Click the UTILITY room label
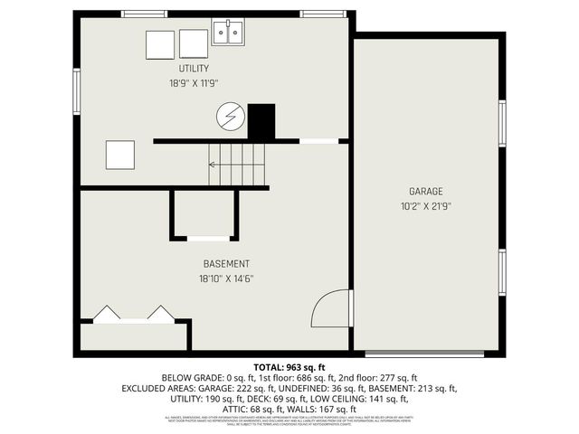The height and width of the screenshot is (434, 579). [x=194, y=69]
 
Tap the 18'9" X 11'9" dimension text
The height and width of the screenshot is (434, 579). [x=194, y=83]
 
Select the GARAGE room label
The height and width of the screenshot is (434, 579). [x=425, y=192]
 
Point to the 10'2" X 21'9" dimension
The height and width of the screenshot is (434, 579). [x=425, y=206]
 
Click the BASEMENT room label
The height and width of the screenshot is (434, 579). [x=226, y=264]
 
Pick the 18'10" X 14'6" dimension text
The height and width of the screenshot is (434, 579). [x=226, y=278]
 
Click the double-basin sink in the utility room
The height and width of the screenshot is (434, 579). [x=229, y=34]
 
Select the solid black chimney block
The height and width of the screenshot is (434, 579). [x=261, y=121]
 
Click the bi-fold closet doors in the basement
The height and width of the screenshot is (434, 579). [x=134, y=313]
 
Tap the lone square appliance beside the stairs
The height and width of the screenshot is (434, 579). [x=120, y=155]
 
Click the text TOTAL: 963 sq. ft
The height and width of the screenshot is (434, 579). [x=289, y=366]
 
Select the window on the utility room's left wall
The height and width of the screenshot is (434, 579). [x=77, y=90]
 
